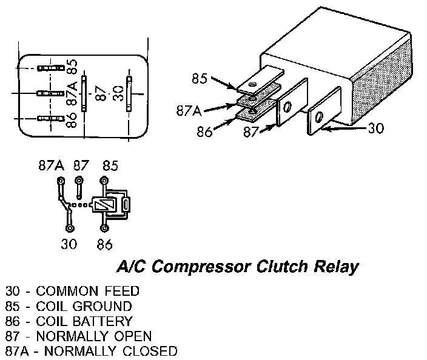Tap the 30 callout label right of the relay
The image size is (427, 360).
click(375, 128)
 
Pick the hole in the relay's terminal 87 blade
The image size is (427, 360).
click(287, 108)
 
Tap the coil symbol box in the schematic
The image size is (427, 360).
click(103, 205)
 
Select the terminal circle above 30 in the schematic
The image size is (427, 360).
click(69, 228)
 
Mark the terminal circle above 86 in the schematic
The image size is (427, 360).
click(104, 228)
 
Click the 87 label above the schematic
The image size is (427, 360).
click(81, 165)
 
